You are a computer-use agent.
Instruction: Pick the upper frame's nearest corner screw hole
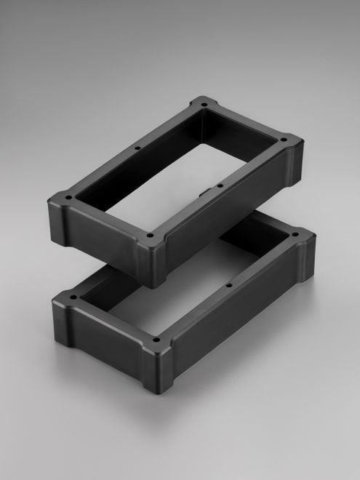pyautogui.click(x=150, y=236)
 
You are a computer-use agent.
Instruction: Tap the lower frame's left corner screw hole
pyautogui.click(x=73, y=297)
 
